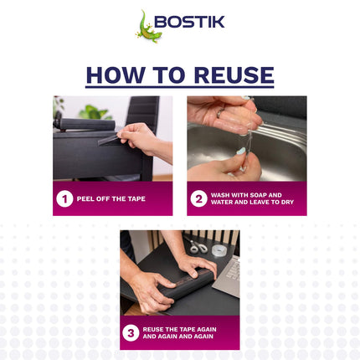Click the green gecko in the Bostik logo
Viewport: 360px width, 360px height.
(147, 27)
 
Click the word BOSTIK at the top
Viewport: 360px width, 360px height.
(193, 22)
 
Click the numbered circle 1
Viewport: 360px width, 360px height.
(64, 198)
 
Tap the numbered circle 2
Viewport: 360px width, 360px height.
(198, 198)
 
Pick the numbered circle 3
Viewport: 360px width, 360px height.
(131, 332)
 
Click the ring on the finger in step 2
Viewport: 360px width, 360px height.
(219, 112)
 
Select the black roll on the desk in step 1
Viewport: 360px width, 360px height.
(84, 125)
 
